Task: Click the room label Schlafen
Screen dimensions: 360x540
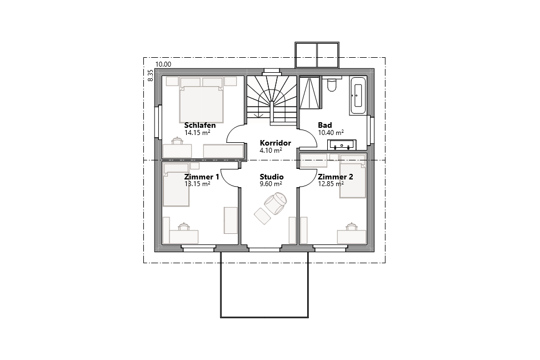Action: pos(199,126)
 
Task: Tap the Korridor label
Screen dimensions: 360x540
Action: pos(275,143)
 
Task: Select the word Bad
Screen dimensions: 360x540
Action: pos(324,125)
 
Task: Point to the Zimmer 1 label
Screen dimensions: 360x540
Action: pos(201,177)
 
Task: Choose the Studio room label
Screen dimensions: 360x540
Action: pos(271,177)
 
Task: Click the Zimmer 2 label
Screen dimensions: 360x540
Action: pos(335,177)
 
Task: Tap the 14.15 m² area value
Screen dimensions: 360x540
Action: pos(197,133)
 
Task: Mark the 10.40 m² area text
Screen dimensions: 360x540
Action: pos(330,132)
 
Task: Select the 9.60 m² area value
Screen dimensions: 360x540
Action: pos(271,184)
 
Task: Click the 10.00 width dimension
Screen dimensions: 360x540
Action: pos(163,64)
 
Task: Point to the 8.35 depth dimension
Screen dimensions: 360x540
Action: pos(150,76)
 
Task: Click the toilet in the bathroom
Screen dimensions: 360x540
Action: pos(332,86)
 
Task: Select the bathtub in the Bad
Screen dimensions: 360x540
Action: pos(357,96)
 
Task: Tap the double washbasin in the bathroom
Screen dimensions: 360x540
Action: pos(342,146)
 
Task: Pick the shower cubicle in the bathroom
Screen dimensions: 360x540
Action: pos(310,93)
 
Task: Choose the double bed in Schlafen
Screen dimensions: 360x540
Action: pos(201,102)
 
